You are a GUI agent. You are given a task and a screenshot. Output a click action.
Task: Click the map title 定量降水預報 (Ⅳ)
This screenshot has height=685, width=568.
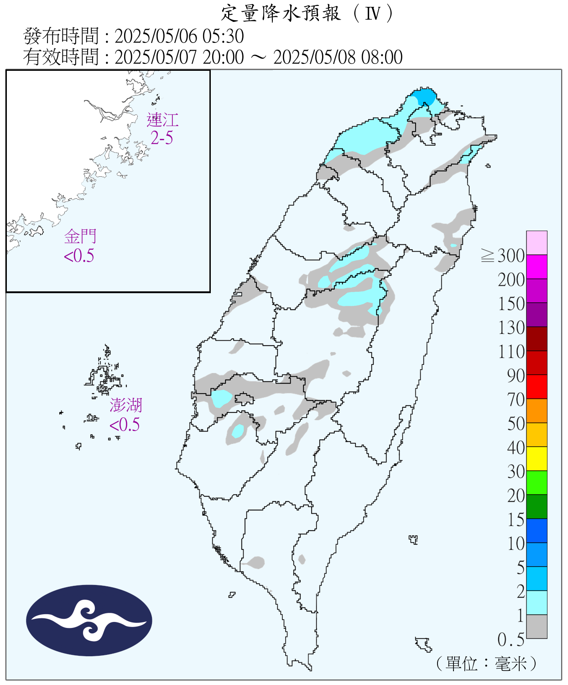click(x=307, y=13)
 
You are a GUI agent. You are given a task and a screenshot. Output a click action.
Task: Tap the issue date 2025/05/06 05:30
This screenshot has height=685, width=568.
click(x=179, y=36)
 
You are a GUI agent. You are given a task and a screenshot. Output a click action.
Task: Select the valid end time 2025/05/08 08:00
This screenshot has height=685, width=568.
click(x=338, y=57)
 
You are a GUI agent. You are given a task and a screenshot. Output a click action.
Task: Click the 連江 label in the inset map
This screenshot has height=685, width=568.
click(x=162, y=120)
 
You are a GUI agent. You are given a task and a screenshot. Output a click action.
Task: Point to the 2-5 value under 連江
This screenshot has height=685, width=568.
click(x=162, y=138)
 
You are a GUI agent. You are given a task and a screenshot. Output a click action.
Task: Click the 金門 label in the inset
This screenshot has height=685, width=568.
click(x=80, y=237)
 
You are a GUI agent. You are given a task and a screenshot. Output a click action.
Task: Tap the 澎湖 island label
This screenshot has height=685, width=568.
click(x=126, y=405)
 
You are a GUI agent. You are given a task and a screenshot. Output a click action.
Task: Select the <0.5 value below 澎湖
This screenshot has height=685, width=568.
click(x=125, y=425)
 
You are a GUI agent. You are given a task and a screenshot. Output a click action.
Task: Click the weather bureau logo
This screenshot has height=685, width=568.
click(x=89, y=620)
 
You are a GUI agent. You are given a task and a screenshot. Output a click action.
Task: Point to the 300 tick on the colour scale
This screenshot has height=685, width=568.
click(x=511, y=256)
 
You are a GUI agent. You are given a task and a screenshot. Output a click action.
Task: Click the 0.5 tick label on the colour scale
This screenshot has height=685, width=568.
click(x=511, y=640)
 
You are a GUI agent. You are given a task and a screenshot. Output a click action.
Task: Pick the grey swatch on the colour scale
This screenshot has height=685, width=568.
click(x=537, y=627)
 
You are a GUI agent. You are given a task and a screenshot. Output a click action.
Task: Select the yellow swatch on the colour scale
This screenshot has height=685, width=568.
click(x=537, y=458)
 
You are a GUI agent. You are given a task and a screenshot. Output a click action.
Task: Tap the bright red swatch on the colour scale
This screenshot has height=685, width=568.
click(x=537, y=387)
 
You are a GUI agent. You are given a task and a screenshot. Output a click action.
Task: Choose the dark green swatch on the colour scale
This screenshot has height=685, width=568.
click(x=537, y=506)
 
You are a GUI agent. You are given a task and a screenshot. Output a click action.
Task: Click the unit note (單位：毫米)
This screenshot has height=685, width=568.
click(x=486, y=664)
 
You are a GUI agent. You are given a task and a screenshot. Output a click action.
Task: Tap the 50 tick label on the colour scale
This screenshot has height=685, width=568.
click(x=516, y=424)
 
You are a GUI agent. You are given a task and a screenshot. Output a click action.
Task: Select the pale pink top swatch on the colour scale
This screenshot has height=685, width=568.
click(x=537, y=242)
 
